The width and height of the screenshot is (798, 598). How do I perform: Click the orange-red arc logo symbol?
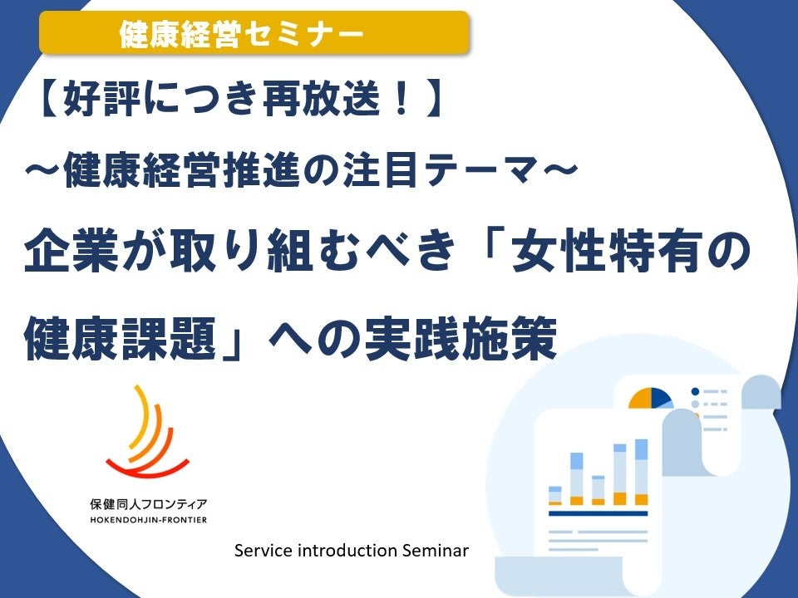pos(149,433)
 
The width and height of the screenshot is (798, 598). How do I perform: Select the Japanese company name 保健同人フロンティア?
pos(148,503)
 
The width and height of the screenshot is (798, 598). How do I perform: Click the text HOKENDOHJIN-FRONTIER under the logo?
pos(148,520)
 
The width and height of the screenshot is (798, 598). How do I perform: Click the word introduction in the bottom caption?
pos(346,550)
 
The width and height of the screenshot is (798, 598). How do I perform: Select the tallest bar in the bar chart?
pos(641,472)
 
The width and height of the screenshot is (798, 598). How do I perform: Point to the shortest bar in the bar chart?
pos(555,495)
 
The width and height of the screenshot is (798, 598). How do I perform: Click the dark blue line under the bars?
pos(598,513)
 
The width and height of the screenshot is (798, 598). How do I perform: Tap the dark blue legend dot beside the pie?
pos(695,391)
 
